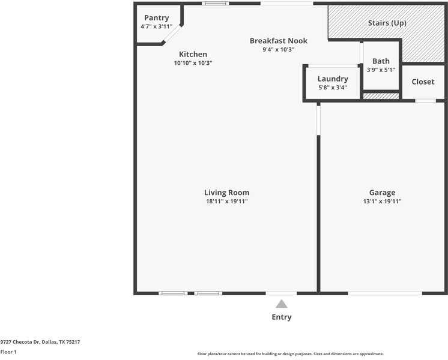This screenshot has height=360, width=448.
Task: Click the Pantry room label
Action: click(157, 18)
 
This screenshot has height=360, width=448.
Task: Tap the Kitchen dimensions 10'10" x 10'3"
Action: click(193, 63)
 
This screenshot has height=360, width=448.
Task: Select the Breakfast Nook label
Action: click(279, 41)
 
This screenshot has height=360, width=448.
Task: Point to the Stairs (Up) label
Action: click(387, 23)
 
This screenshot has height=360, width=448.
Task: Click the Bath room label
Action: click(381, 61)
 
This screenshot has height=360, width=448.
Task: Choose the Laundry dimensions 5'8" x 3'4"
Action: click(333, 88)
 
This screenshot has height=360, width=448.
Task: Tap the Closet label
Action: click(423, 82)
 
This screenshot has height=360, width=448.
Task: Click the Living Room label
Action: click(227, 193)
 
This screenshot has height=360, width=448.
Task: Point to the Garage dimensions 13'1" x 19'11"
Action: click(383, 201)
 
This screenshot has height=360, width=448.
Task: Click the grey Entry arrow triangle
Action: click(282, 304)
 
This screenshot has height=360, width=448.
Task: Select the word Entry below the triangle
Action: click(282, 317)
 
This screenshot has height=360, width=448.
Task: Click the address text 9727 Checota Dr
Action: click(20, 342)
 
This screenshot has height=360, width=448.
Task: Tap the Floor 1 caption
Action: click(8, 352)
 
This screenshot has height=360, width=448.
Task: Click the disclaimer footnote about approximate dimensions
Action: click(291, 354)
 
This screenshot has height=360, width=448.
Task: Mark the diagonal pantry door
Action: click(172, 34)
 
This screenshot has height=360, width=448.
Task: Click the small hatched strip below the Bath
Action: click(381, 96)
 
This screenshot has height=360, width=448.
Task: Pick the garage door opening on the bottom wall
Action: click(385, 293)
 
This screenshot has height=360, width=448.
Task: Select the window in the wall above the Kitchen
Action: click(216, 4)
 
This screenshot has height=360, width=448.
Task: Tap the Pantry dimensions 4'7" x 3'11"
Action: click(157, 26)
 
